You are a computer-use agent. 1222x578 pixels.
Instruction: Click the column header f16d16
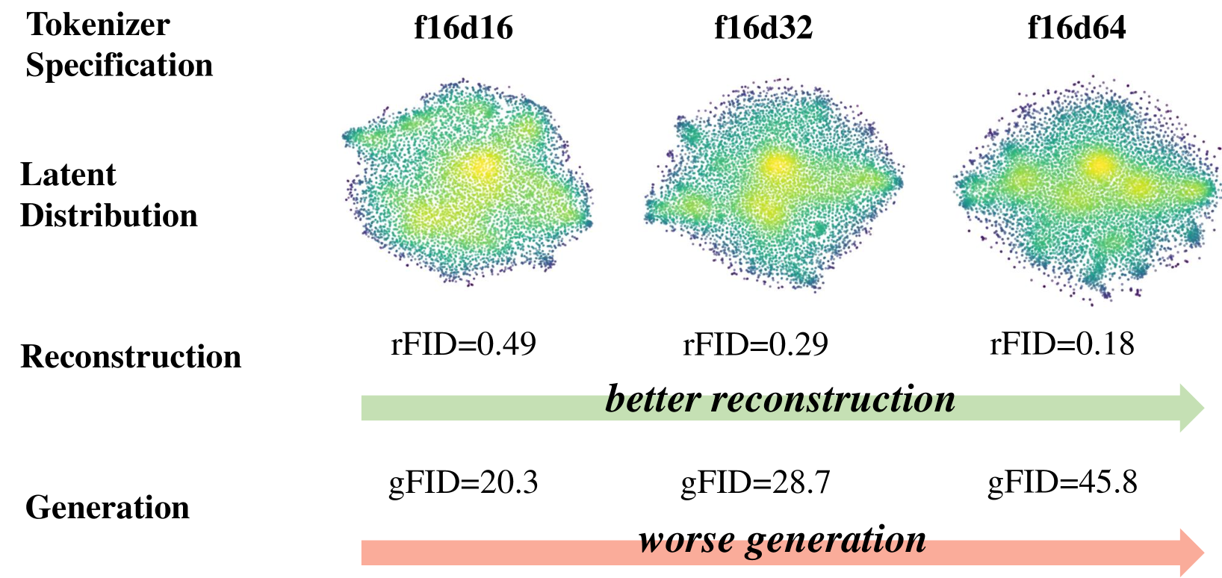[463, 28]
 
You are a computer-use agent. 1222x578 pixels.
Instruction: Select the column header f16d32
[763, 28]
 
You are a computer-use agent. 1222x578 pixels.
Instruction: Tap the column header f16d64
[1076, 28]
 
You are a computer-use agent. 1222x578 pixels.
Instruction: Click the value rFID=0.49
[463, 344]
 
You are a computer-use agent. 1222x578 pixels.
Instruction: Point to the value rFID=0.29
[755, 344]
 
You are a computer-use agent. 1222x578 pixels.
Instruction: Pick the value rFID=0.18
[1062, 344]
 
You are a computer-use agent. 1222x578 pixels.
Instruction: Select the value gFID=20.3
[463, 482]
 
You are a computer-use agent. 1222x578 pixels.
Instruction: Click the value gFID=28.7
[755, 482]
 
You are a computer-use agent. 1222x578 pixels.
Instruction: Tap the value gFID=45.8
[1062, 482]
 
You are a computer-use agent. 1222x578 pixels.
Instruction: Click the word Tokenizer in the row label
[98, 25]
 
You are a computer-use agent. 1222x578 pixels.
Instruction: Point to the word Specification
[120, 65]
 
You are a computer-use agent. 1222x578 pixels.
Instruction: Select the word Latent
[68, 175]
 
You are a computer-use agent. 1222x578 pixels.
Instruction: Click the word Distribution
[109, 216]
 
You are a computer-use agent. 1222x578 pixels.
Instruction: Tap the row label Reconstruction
[131, 357]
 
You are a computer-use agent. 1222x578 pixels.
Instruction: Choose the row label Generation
[108, 508]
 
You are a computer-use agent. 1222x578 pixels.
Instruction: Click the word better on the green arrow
[652, 400]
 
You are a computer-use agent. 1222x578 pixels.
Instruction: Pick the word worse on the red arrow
[686, 540]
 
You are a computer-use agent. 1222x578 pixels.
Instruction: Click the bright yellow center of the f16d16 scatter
[482, 169]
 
